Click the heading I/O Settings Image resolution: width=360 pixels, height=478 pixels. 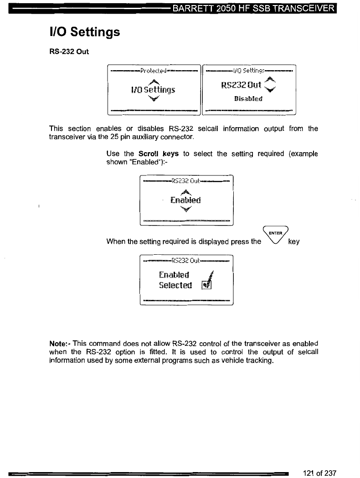[x=84, y=32]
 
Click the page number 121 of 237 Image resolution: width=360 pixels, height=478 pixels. [x=319, y=472]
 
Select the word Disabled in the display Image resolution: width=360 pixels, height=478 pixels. [x=249, y=98]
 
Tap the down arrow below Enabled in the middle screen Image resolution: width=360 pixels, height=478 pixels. [x=185, y=209]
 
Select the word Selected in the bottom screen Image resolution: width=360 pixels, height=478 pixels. [x=175, y=285]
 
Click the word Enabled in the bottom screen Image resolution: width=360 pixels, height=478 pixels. [x=175, y=274]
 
